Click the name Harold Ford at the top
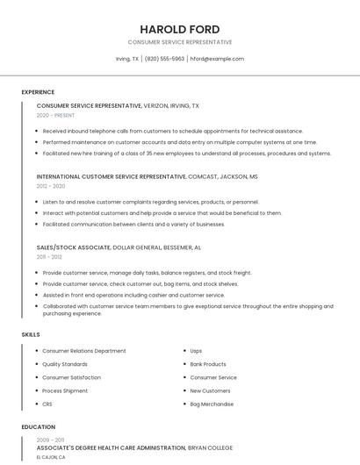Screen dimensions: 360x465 tap(180, 29)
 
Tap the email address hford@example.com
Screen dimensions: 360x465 tap(217, 59)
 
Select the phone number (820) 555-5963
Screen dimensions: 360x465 tap(164, 59)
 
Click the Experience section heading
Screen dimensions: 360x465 tap(38, 92)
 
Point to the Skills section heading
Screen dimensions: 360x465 tap(31, 334)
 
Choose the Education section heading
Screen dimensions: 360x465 tap(38, 427)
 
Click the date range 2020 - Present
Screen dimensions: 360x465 tap(55, 115)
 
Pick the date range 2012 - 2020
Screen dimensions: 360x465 tap(51, 185)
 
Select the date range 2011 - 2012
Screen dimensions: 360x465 tap(49, 256)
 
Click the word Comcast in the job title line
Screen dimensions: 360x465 tap(203, 175)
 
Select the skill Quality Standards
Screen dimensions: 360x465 tap(65, 364)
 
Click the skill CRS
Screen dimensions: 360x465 tap(47, 404)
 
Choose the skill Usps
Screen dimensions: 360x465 tap(196, 351)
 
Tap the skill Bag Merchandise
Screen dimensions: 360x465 tap(212, 404)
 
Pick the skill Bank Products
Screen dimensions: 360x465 tap(208, 364)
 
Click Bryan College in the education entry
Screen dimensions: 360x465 tap(210, 447)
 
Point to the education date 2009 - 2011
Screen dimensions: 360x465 tap(51, 439)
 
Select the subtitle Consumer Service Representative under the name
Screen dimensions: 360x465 tap(180, 42)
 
